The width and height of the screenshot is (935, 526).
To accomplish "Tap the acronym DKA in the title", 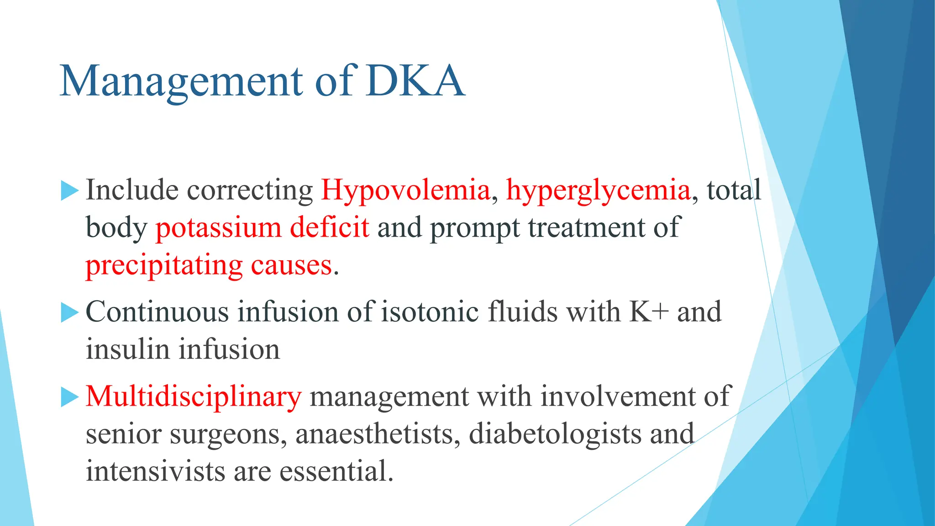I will click(415, 81).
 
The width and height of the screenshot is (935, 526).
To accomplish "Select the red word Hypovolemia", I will click(405, 190).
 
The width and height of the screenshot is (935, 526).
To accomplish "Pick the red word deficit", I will click(329, 227).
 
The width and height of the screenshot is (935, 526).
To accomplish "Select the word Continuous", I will click(157, 312).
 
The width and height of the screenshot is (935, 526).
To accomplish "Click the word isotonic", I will click(430, 312).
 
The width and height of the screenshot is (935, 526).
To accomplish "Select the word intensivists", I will click(155, 472).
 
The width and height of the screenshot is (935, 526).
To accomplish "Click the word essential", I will click(336, 472).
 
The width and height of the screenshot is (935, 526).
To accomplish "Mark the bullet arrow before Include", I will click(69, 190).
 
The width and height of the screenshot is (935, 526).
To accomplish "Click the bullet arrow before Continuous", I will click(69, 312).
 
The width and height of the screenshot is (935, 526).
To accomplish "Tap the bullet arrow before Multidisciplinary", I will click(69, 396).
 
